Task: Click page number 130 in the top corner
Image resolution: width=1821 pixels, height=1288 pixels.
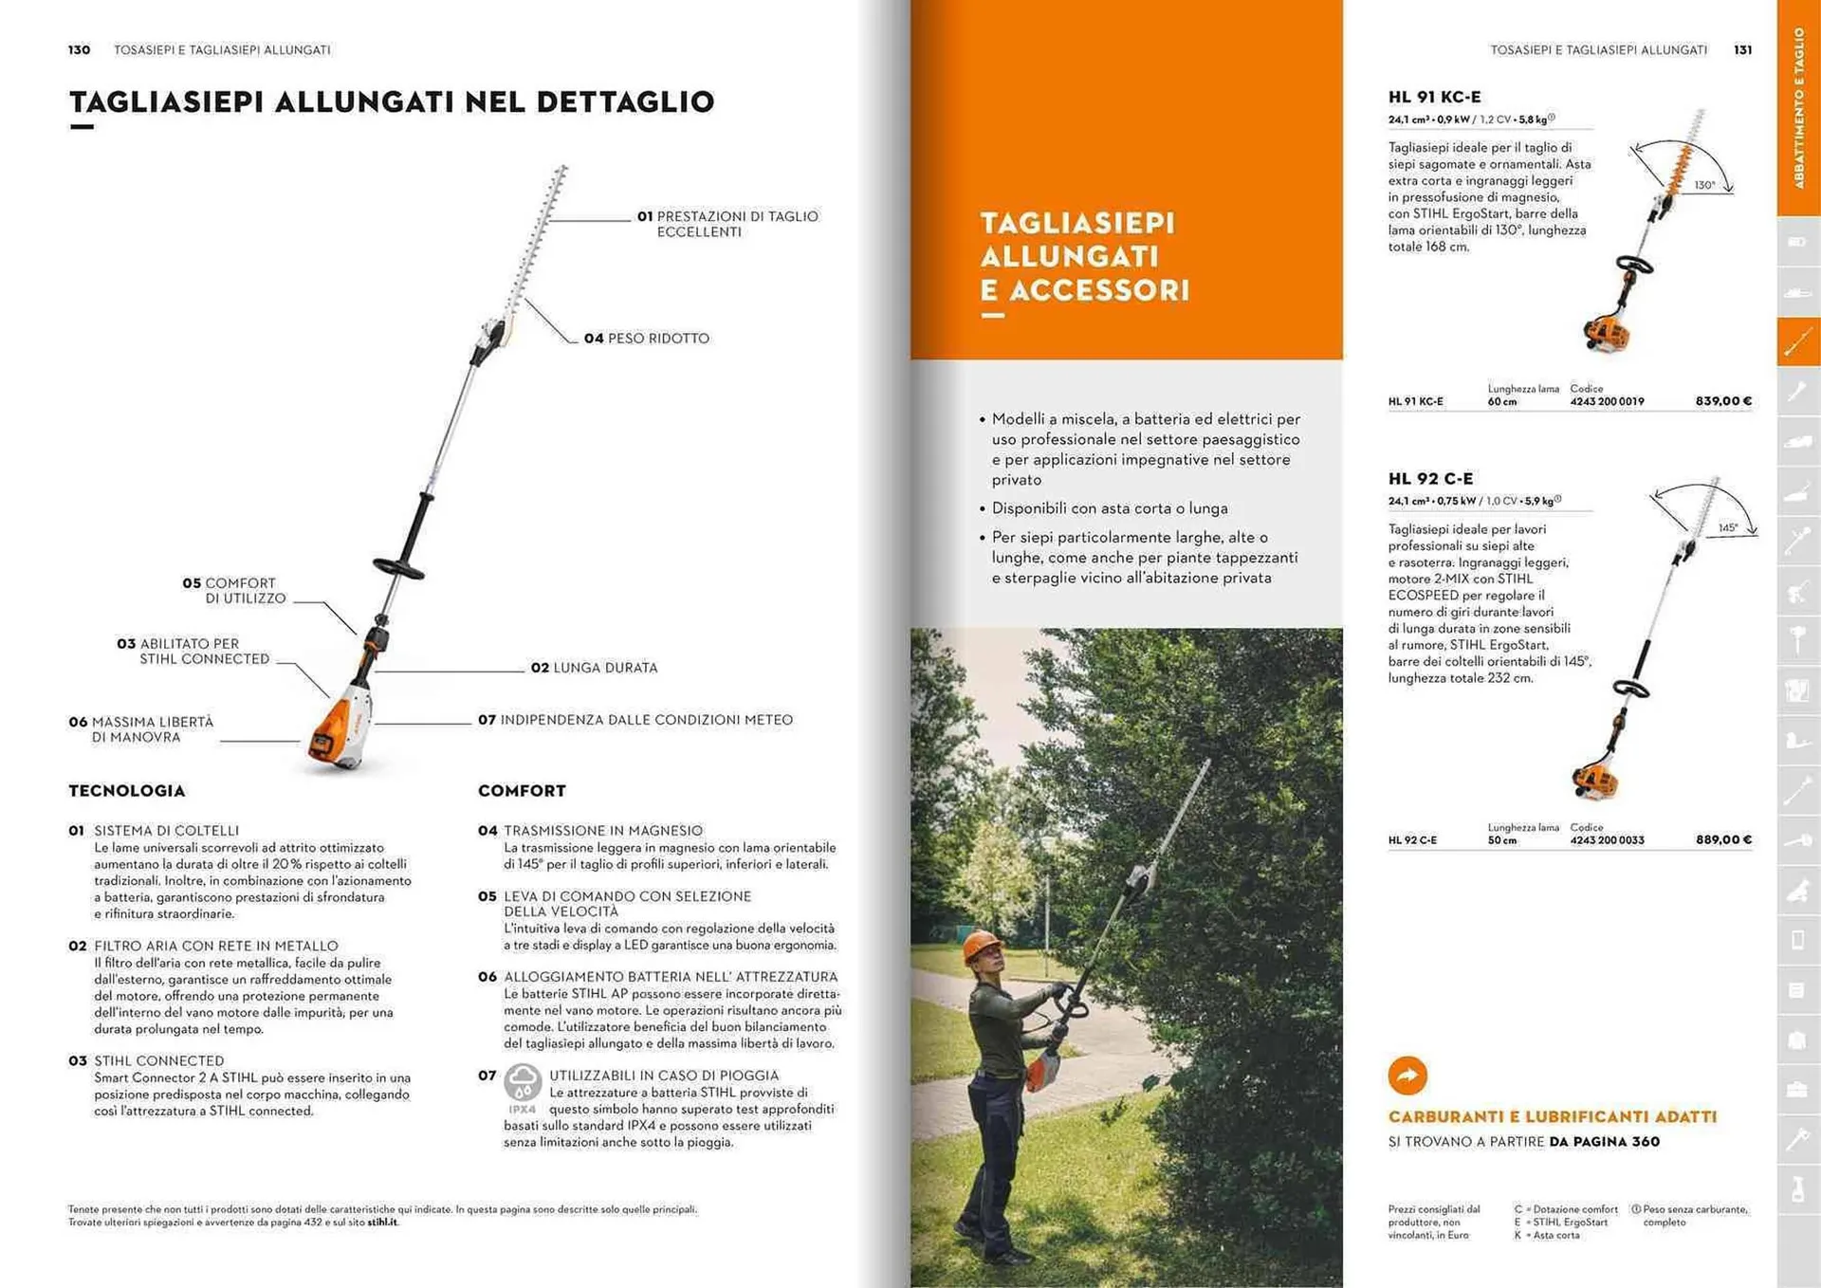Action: tap(79, 50)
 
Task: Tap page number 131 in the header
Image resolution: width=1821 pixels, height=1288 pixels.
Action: tap(1742, 50)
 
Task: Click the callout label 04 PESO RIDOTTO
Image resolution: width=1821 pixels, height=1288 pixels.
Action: tap(646, 339)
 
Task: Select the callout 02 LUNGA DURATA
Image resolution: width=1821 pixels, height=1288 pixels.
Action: tap(594, 668)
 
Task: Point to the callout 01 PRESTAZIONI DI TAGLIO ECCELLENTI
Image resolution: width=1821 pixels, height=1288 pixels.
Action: tap(727, 224)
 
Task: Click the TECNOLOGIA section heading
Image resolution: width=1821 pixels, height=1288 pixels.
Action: tap(127, 791)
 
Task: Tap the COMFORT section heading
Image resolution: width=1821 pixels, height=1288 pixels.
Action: tap(522, 791)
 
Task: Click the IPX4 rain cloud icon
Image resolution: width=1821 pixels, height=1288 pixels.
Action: tap(523, 1083)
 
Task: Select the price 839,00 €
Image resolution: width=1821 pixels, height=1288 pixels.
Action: tap(1723, 401)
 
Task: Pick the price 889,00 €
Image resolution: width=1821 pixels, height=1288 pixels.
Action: tap(1723, 839)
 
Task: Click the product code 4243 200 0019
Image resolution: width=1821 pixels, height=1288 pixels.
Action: tap(1607, 402)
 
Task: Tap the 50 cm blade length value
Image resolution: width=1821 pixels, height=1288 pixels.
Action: tap(1501, 840)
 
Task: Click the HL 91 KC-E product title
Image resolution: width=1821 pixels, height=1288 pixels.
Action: tap(1434, 97)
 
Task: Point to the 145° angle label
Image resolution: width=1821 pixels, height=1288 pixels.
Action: tap(1727, 528)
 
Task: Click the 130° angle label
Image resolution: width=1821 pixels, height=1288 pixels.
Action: tap(1704, 186)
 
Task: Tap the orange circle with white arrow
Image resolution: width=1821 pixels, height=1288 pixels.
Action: tap(1407, 1076)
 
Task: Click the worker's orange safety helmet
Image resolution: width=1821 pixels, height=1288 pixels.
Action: tap(981, 945)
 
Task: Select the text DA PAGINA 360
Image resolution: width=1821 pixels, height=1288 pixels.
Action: tap(1604, 1142)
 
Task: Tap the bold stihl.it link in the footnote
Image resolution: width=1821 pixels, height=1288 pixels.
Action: tap(382, 1223)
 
